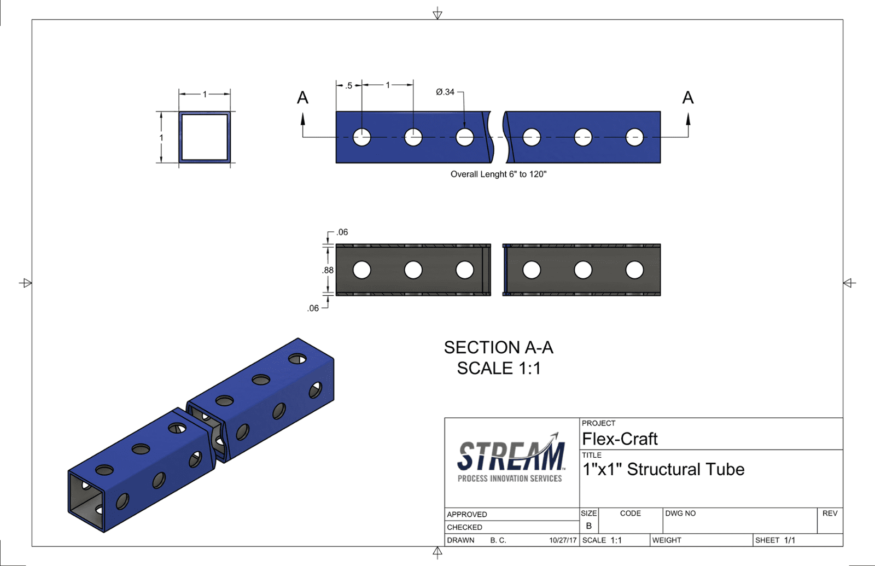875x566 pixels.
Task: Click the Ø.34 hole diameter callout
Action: click(445, 92)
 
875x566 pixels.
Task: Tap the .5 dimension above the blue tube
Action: click(348, 85)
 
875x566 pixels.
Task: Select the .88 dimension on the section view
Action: click(328, 270)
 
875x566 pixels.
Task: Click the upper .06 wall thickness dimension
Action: click(342, 232)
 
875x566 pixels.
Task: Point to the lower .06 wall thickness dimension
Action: click(313, 308)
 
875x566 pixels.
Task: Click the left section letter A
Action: click(302, 98)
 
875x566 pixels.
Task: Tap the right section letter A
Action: click(687, 98)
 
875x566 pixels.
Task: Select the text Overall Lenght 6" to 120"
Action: click(498, 174)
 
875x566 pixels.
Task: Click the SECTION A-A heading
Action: click(498, 347)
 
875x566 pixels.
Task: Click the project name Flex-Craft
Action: click(620, 439)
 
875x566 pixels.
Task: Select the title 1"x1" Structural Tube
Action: click(663, 469)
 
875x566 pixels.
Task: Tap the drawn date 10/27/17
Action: click(563, 540)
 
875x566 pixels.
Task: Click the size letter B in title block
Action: click(588, 526)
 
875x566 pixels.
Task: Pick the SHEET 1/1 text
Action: click(775, 540)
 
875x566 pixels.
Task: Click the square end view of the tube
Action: click(205, 137)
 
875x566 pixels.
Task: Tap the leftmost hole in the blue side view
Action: click(361, 137)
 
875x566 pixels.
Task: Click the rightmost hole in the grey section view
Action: click(634, 270)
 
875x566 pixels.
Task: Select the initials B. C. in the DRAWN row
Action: click(498, 540)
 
